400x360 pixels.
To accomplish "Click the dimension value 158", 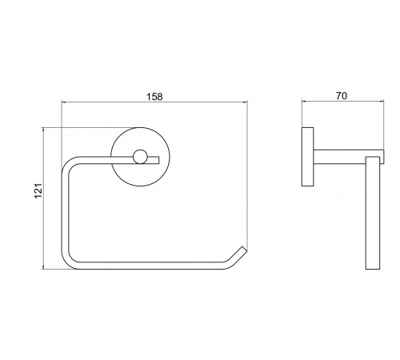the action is pos(154,97).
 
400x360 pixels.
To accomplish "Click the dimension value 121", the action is pos(38,190).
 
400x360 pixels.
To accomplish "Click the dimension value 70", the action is pos(342,96).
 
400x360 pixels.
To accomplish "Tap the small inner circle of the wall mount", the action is pos(140,157).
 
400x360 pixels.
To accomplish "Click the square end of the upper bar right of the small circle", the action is pos(158,160).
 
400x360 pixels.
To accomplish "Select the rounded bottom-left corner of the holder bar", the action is pos(69,262).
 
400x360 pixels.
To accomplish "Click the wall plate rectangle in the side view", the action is pos(307,157).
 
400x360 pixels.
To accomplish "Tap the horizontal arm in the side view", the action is pos(349,157).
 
